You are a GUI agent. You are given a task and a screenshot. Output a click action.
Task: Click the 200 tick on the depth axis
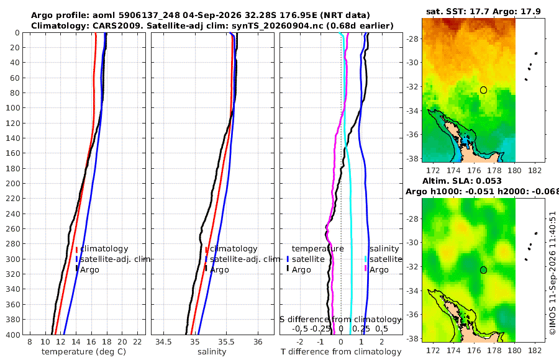point(13,183)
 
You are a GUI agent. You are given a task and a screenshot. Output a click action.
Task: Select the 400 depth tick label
point(13,335)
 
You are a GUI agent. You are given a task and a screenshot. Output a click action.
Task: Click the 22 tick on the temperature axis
point(137,342)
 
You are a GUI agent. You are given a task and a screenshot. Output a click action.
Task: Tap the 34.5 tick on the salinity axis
point(163,342)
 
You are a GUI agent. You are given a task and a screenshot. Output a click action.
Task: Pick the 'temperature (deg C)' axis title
point(84,352)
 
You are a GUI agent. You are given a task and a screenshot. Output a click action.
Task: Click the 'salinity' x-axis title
point(212,352)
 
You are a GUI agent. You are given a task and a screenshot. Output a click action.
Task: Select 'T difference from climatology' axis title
point(341,352)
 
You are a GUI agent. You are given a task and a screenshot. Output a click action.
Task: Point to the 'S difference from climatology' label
point(340,320)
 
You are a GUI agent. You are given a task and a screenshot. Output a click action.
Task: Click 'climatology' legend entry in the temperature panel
point(104,249)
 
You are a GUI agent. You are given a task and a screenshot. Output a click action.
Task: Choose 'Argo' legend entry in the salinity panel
point(219,270)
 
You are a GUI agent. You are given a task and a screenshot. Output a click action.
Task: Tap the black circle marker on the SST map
point(483,90)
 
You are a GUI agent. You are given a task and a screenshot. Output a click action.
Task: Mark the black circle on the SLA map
point(483,270)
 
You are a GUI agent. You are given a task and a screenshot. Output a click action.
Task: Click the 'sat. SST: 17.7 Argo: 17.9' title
point(483,11)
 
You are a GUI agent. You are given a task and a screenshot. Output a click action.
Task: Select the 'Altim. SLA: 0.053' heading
point(462,181)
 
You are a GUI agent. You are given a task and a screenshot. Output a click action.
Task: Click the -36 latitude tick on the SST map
point(413,134)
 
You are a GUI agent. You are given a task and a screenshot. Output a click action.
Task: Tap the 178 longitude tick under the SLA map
point(494,350)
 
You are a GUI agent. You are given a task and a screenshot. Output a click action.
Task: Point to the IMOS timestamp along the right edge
point(553,273)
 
